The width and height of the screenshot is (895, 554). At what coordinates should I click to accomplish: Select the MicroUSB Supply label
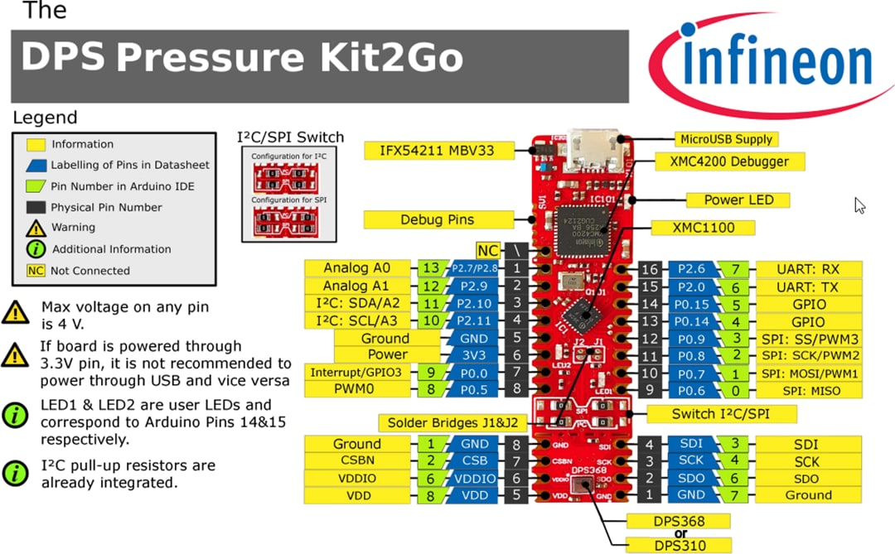(x=726, y=139)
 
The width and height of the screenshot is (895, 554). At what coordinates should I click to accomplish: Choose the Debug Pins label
(x=438, y=219)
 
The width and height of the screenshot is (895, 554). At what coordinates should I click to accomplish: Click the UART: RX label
(x=808, y=268)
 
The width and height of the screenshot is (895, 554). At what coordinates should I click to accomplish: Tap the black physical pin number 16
(x=649, y=268)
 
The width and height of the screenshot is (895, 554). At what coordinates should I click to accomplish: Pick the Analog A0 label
(x=357, y=267)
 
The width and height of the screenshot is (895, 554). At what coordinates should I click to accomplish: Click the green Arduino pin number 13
(x=429, y=267)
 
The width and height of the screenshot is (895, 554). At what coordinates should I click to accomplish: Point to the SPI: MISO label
(x=808, y=390)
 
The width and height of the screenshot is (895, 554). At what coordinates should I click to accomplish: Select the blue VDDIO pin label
(x=475, y=479)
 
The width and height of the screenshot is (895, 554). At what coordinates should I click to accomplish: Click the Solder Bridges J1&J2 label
(x=455, y=422)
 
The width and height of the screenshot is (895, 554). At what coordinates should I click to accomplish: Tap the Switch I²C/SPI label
(x=721, y=413)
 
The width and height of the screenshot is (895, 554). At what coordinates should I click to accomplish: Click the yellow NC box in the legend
(x=36, y=271)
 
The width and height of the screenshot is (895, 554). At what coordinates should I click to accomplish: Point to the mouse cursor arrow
(x=859, y=205)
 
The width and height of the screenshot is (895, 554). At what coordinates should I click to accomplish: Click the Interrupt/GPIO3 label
(x=358, y=373)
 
